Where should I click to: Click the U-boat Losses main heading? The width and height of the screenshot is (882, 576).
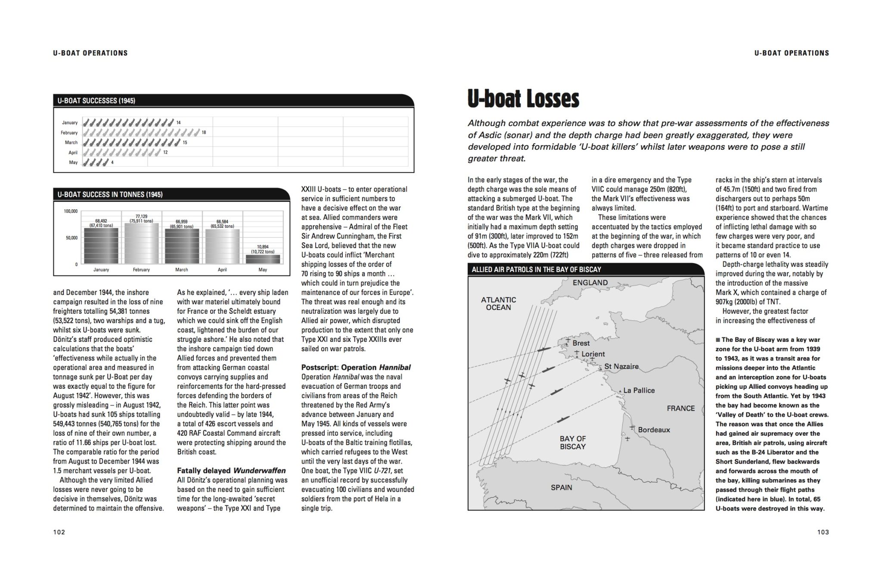pos(523,99)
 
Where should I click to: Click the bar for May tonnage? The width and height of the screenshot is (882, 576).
pos(262,259)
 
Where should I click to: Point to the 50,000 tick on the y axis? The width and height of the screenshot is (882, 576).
pos(71,238)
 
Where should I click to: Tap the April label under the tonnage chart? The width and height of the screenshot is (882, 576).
pos(222,270)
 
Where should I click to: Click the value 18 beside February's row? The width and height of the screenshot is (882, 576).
pos(204,133)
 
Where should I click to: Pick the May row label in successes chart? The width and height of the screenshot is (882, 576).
pos(73,163)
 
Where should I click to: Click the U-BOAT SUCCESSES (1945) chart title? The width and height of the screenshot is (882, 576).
pos(96,101)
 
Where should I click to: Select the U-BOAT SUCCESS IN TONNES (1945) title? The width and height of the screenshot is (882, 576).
pos(110,195)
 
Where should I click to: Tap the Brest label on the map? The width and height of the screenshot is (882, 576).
pos(581,343)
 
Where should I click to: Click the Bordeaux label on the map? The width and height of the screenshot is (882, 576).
pos(654,430)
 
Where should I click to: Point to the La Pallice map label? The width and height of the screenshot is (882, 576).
pos(639,390)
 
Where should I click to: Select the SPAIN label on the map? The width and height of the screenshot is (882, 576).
pos(561,487)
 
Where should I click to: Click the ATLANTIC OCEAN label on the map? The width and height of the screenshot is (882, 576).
pos(498,303)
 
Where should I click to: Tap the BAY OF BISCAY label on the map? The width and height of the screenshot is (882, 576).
pos(572,443)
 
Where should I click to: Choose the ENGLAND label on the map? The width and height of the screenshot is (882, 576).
pos(590,283)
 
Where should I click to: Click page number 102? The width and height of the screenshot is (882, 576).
pos(59,532)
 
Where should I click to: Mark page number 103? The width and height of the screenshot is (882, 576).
pos(823,532)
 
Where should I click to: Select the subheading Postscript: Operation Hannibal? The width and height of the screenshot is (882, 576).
pos(356,367)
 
